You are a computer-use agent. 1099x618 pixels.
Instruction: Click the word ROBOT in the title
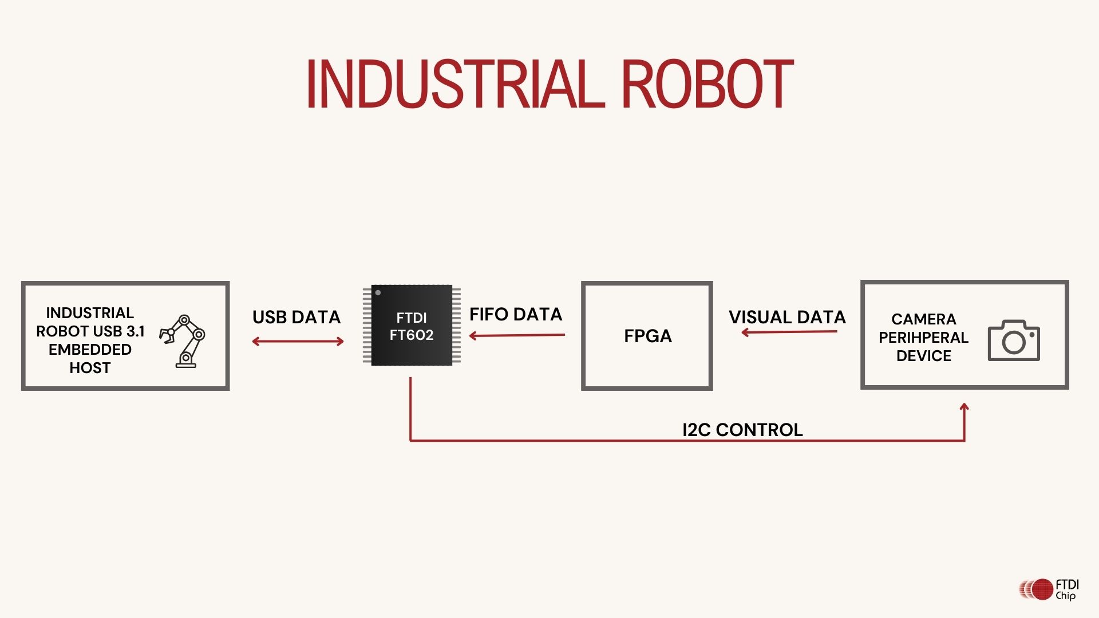point(707,84)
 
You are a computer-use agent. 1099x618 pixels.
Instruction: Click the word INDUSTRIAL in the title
point(456,84)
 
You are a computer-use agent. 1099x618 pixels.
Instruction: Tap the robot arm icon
point(183,341)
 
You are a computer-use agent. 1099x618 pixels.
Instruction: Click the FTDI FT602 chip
point(412,326)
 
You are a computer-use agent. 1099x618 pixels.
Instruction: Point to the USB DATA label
point(297,317)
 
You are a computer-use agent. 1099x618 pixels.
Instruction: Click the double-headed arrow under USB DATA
point(298,342)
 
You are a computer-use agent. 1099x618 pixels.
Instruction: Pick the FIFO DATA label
point(516,314)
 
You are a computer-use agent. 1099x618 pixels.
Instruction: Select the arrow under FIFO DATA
point(517,335)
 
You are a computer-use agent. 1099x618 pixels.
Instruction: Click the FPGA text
point(648,336)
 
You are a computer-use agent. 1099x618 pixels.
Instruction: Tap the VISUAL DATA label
point(787,317)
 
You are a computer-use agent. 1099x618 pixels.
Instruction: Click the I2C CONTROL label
point(742,430)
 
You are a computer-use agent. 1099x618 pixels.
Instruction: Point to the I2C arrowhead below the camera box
point(964,407)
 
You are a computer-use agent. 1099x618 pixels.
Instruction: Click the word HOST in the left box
point(90,368)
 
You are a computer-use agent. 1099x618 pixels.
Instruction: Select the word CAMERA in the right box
point(923,319)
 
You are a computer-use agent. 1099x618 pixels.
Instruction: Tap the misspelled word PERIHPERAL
point(923,338)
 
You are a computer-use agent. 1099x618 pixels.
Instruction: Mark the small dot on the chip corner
point(378,293)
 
